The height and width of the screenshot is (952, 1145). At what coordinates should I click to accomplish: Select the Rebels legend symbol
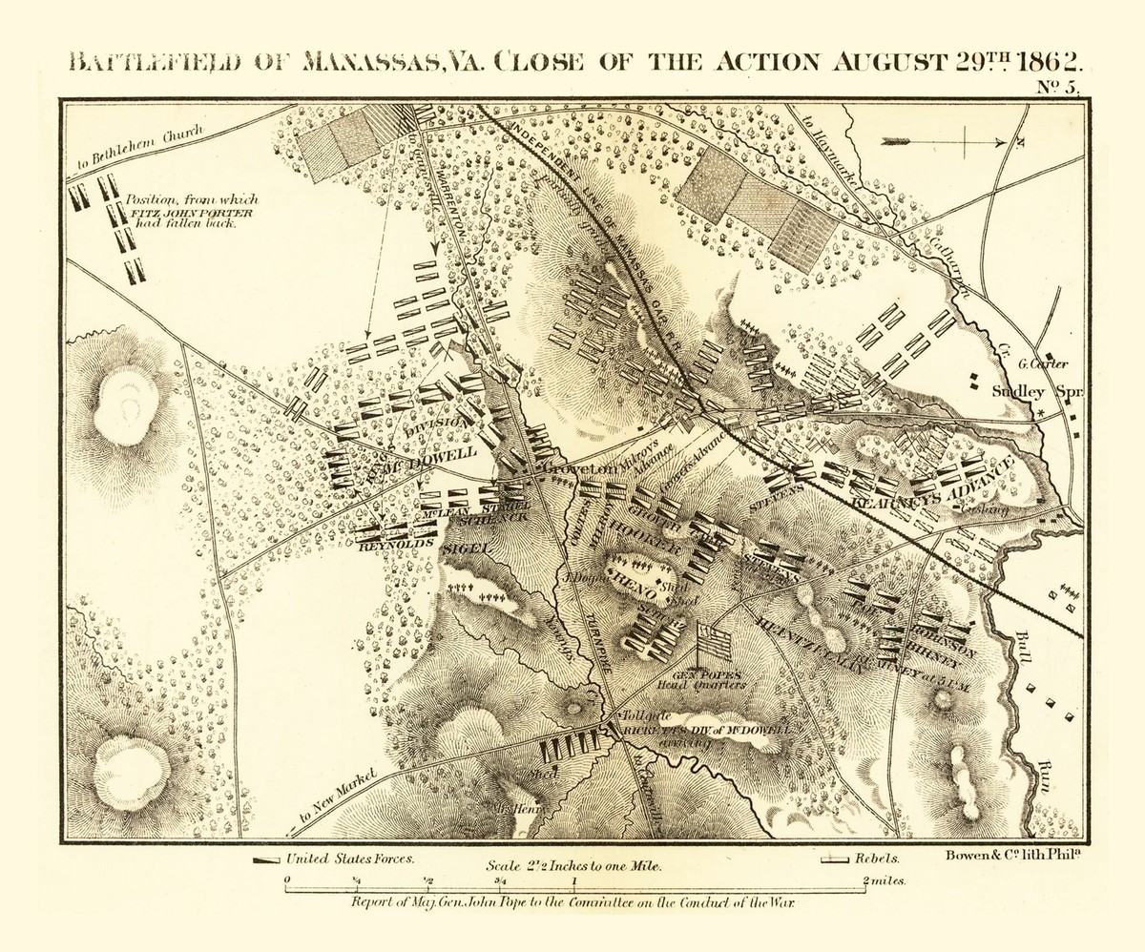(x=835, y=859)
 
